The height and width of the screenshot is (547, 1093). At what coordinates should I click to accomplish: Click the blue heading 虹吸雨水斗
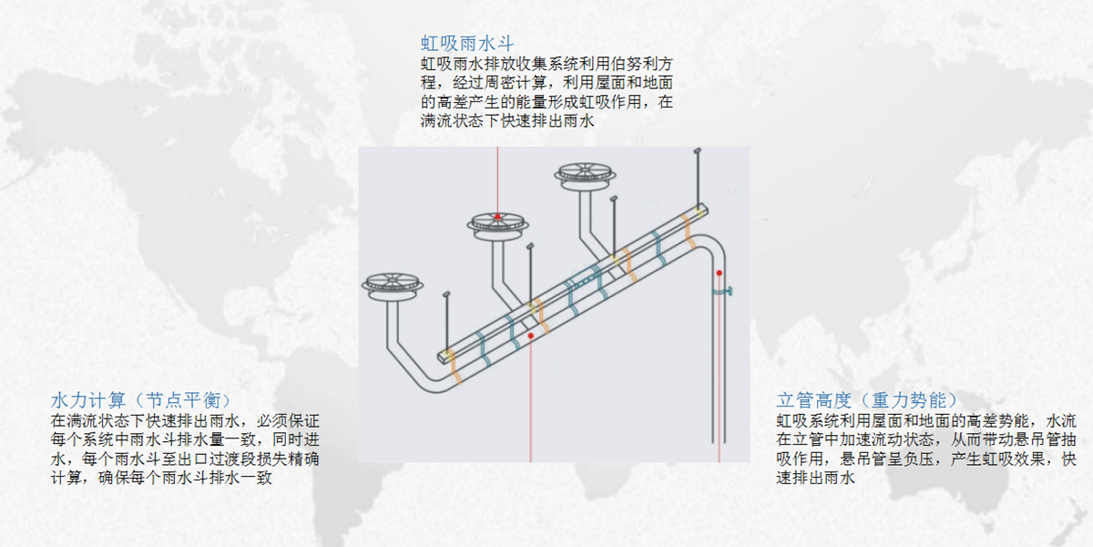(467, 43)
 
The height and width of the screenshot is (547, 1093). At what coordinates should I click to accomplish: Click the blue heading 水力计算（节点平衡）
(140, 400)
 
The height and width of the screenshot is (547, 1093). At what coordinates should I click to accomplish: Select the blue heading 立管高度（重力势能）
(866, 400)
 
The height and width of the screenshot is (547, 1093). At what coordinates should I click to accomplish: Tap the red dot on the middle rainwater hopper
(497, 217)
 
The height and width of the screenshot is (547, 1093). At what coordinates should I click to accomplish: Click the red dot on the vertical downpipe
(719, 273)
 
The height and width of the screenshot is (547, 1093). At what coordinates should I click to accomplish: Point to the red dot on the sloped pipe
(530, 335)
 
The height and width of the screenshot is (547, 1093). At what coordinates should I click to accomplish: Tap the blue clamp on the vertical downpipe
(721, 292)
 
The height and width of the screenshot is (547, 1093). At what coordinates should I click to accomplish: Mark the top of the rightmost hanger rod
(697, 150)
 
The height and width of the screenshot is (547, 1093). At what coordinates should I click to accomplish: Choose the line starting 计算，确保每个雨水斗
(164, 478)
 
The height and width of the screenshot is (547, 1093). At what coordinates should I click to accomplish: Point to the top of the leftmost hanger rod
(446, 295)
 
